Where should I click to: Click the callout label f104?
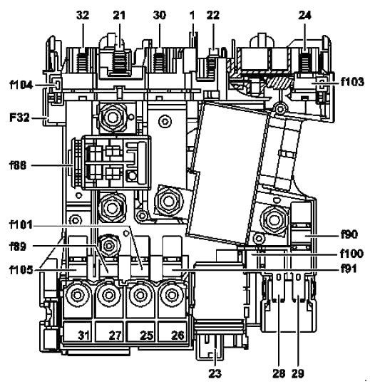[x=21, y=85]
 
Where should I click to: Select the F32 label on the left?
[x=20, y=118]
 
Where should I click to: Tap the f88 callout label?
[x=18, y=165]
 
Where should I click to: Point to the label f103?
[x=352, y=82]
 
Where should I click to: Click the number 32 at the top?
[x=83, y=16]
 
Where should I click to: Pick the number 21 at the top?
[x=120, y=16]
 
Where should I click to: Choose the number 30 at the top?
[x=160, y=16]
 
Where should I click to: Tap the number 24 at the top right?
[x=304, y=16]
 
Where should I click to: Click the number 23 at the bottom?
[x=215, y=373]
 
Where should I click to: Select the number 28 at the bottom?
[x=279, y=373]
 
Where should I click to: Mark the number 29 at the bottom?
[x=298, y=373]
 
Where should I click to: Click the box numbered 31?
[x=78, y=331]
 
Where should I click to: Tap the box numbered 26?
[x=173, y=331]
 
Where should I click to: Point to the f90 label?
[x=349, y=234]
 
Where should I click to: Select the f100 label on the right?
[x=351, y=254]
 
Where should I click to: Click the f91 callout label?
[x=349, y=269]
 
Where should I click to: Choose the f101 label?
[x=21, y=225]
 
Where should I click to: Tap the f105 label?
[x=21, y=270]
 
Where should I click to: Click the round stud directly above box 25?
[x=140, y=295]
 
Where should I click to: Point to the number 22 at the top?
[x=213, y=16]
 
